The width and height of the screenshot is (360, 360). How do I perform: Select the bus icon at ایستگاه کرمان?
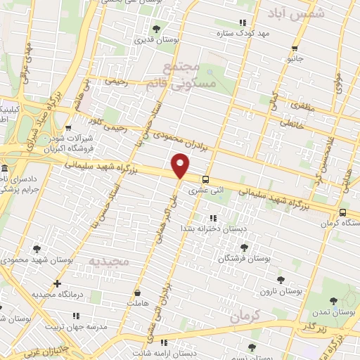click(342, 212)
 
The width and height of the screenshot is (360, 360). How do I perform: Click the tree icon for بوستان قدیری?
click(156, 29)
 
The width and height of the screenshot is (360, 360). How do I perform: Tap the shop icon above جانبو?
click(295, 49)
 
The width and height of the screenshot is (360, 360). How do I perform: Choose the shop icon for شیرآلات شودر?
click(68, 129)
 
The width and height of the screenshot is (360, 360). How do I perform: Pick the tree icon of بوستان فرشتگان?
click(244, 247)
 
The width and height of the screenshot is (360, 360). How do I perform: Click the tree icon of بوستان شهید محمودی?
click(37, 248)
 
